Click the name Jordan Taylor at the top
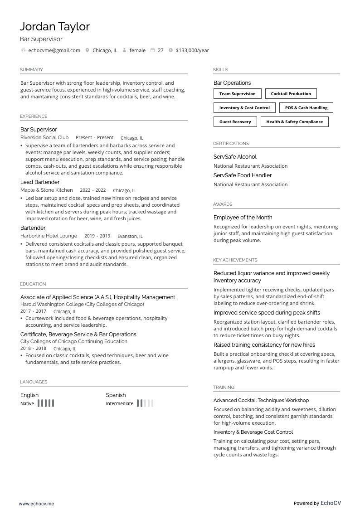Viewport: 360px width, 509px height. (x=54, y=27)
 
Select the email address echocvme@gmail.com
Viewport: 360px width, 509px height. (x=54, y=50)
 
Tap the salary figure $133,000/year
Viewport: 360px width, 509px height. (x=192, y=50)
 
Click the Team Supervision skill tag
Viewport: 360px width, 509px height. (x=237, y=94)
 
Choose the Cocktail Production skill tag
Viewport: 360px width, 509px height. (x=291, y=94)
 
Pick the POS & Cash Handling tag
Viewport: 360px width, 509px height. (x=306, y=108)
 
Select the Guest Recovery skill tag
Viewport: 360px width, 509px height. (x=235, y=122)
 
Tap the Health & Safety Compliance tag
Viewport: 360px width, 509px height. (x=294, y=122)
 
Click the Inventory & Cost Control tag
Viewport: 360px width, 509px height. (x=244, y=108)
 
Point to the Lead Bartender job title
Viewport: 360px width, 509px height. (x=40, y=182)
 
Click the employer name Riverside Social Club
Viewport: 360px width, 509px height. (x=44, y=137)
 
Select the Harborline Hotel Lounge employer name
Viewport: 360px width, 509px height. (x=49, y=236)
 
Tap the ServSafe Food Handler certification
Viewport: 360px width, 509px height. (x=243, y=175)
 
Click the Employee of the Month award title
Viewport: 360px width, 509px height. (x=243, y=218)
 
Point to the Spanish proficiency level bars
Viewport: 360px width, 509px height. (x=145, y=403)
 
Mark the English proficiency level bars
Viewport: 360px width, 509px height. (x=46, y=403)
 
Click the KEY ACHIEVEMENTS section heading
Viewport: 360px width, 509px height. (x=235, y=260)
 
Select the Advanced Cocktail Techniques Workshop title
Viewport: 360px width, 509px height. (x=261, y=400)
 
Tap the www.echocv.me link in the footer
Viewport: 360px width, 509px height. (x=36, y=504)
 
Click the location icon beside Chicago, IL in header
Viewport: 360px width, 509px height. (x=87, y=50)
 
